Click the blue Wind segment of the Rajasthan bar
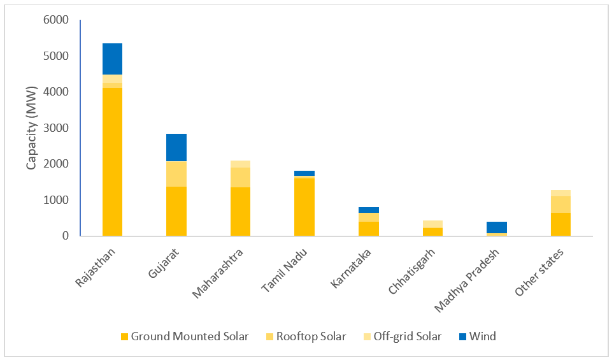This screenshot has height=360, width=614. click(x=112, y=59)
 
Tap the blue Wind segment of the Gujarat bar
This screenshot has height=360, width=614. click(x=176, y=147)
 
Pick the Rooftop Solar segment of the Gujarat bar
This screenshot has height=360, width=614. click(x=176, y=174)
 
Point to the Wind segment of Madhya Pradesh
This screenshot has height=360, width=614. click(x=497, y=227)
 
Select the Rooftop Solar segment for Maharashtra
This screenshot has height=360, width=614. click(x=241, y=177)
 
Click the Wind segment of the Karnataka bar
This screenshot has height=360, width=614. click(x=369, y=210)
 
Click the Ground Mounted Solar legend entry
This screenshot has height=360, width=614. click(x=184, y=336)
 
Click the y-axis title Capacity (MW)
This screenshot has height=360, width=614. click(x=31, y=128)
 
